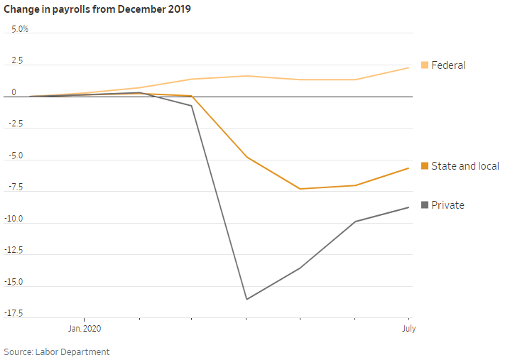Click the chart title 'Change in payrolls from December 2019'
(97, 9)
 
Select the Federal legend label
(448, 65)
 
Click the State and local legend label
(465, 166)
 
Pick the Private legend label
(448, 205)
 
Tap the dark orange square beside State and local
(425, 166)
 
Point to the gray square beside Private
(425, 205)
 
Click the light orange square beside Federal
(425, 65)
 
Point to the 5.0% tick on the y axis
(19, 29)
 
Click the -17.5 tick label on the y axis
(16, 314)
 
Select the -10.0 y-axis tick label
(16, 219)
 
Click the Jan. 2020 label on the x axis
(84, 329)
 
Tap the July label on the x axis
(408, 329)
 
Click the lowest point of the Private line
(246, 299)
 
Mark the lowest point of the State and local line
(300, 189)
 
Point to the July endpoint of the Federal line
(408, 67)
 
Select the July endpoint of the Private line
(408, 207)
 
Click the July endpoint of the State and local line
(408, 168)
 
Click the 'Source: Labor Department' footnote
(57, 352)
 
